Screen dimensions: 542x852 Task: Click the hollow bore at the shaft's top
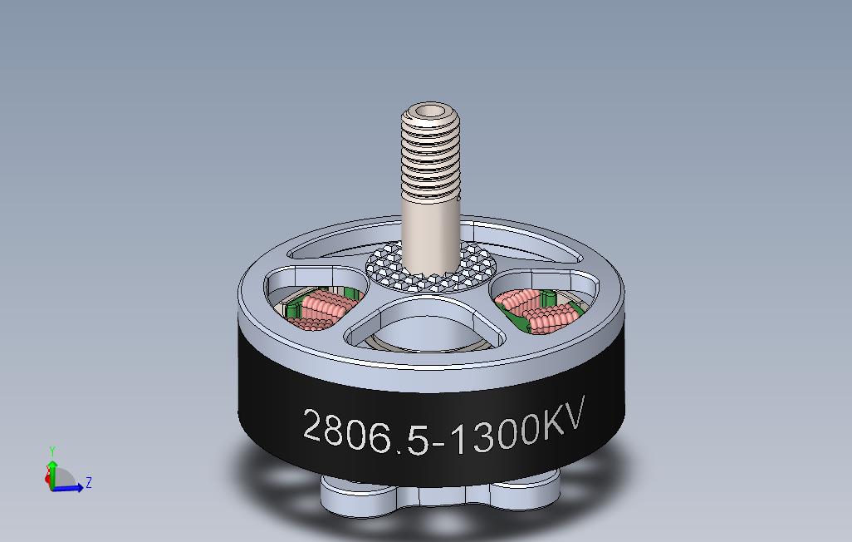tap(431, 110)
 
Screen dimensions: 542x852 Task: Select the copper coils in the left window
tap(320, 307)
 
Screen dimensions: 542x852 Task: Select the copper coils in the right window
tap(540, 307)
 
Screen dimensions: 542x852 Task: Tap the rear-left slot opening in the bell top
tap(332, 245)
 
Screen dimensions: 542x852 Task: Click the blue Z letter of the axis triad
tap(89, 482)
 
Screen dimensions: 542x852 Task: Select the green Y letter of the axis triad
tap(52, 451)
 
